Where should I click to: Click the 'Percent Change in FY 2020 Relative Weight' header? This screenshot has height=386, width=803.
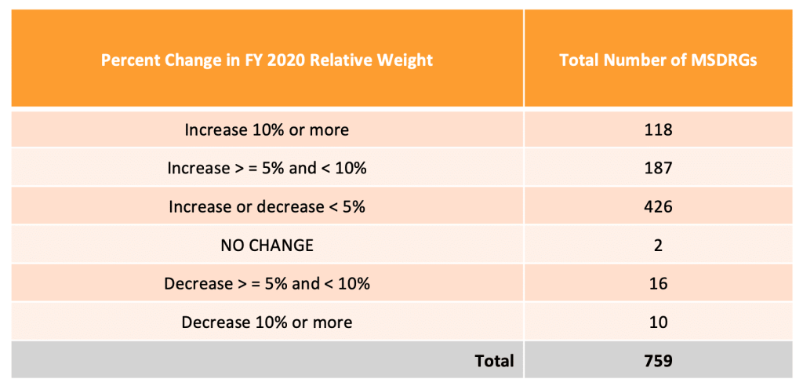point(267,60)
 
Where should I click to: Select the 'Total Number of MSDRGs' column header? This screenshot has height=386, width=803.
point(658,60)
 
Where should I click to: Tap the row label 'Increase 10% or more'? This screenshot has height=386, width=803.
point(267,129)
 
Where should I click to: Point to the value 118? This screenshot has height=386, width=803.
point(658,129)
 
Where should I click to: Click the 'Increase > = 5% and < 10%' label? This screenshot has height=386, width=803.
point(267,168)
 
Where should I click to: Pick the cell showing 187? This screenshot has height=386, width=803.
point(658,168)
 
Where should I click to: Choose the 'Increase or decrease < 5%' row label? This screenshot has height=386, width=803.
point(267,207)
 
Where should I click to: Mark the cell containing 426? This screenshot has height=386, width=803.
point(658,207)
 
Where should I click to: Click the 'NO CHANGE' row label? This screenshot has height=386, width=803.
point(267,246)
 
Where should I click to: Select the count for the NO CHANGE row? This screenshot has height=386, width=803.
point(658,246)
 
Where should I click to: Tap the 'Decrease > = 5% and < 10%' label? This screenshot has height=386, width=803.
point(267,284)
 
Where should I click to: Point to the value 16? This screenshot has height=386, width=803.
point(658,284)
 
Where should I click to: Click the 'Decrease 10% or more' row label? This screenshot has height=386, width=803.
point(267,322)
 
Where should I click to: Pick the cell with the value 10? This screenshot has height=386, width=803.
point(658,322)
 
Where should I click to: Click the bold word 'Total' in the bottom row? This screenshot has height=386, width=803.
point(494,361)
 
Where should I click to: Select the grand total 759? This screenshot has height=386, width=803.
point(658,361)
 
